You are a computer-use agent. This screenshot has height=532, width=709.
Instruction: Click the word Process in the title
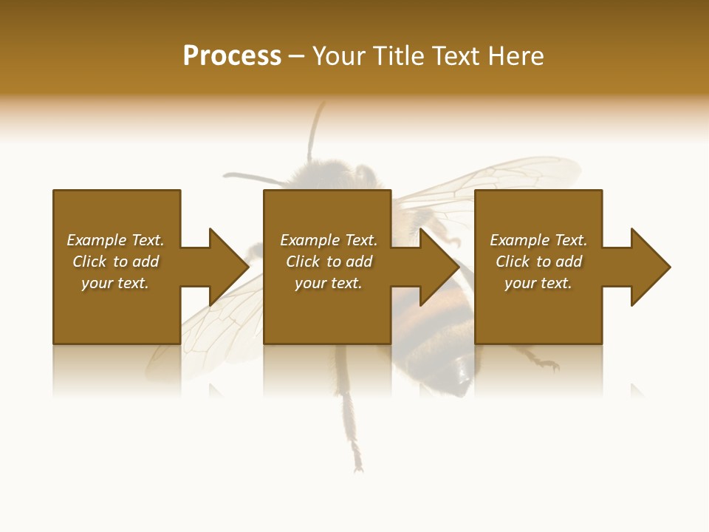232,56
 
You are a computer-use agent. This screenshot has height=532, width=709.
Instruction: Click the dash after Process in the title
296,57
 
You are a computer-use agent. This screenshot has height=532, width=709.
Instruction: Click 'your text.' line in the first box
115,283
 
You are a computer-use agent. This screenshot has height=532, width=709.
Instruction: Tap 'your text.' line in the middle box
329,283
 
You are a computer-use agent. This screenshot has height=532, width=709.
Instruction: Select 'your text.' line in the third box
538,283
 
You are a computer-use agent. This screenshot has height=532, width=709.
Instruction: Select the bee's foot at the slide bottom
357,465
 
